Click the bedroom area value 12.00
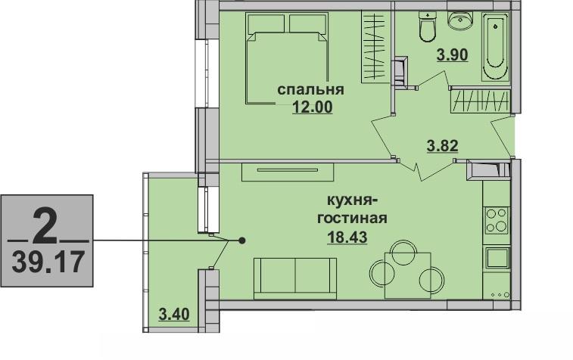(x=313, y=107)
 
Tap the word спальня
(x=310, y=89)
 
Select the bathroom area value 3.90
(x=453, y=55)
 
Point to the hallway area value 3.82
(x=443, y=146)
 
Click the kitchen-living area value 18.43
(x=347, y=237)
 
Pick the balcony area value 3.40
(x=174, y=314)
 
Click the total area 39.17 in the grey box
(x=48, y=262)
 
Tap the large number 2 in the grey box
(x=45, y=226)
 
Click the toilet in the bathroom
(x=427, y=26)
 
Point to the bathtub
(x=496, y=46)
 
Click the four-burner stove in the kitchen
(x=497, y=221)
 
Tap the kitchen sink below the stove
(x=497, y=258)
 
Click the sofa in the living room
(x=295, y=278)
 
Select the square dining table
(x=407, y=275)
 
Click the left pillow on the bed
(x=266, y=23)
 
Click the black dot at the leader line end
(x=242, y=241)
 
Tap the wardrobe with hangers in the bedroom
(x=375, y=47)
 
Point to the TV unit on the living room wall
(x=288, y=172)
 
